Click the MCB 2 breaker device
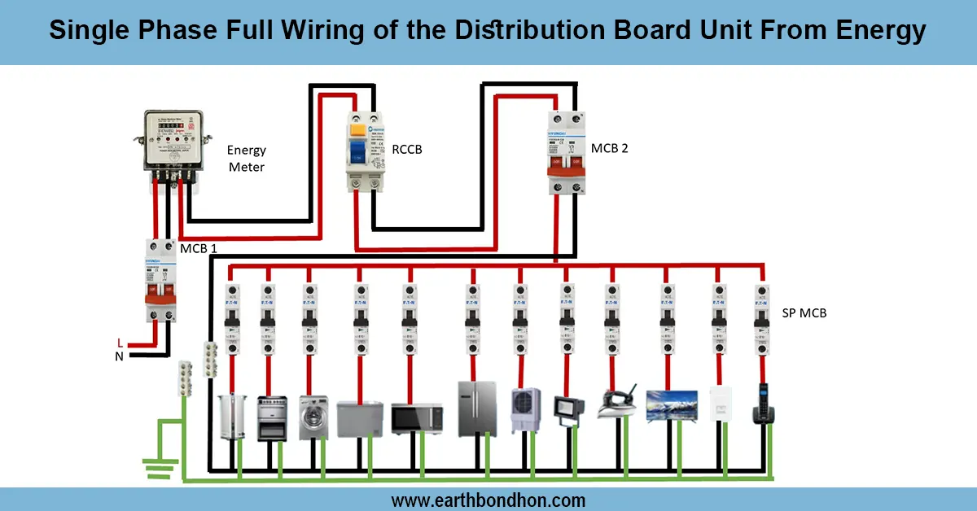coord(567,153)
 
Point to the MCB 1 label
coord(197,247)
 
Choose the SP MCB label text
coord(804,312)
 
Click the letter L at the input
coord(120,343)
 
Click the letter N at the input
coord(120,356)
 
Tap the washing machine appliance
coord(313,417)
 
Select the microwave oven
coord(417,417)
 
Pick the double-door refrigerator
coord(475,408)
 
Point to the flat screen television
coord(672,405)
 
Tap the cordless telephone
coord(763,404)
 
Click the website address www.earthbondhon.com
coord(488,500)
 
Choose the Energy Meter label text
coord(246,159)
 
